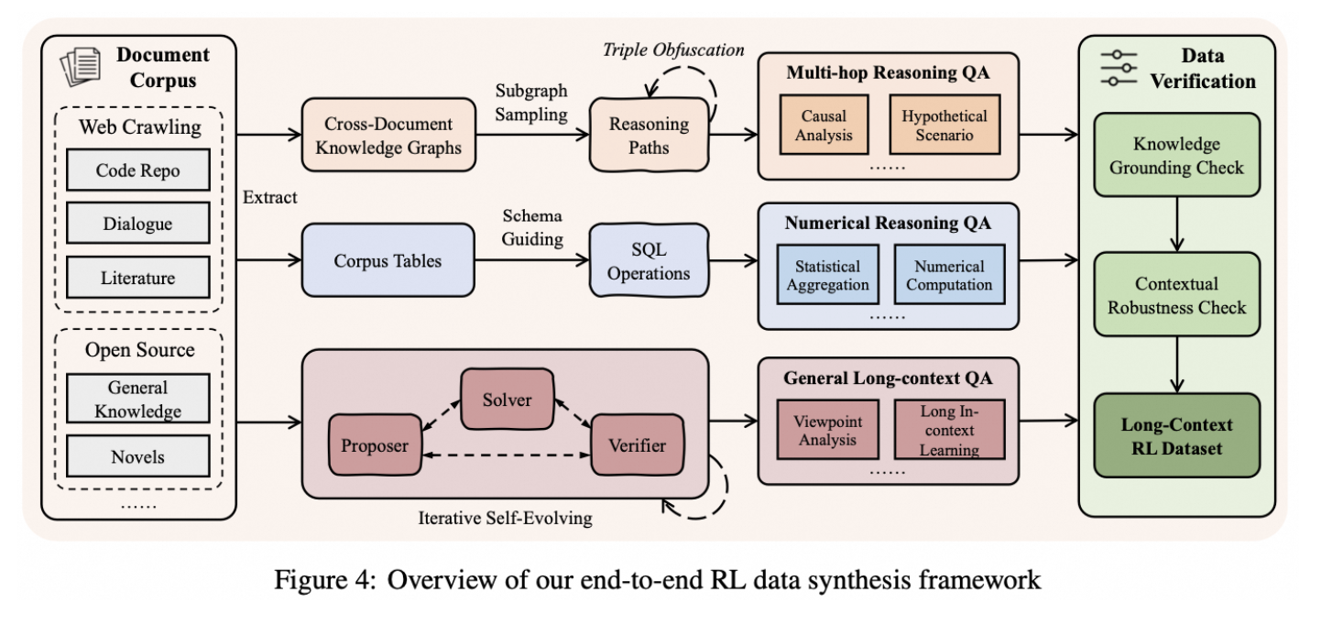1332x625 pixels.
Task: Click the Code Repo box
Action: pyautogui.click(x=138, y=170)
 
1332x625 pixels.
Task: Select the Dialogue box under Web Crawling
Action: pyautogui.click(x=138, y=225)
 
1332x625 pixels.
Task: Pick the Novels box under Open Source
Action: pyautogui.click(x=138, y=455)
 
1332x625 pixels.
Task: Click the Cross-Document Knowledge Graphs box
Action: pyautogui.click(x=389, y=136)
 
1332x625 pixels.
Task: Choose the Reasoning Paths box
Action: pyautogui.click(x=650, y=136)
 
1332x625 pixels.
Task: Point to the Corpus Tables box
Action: pyautogui.click(x=389, y=261)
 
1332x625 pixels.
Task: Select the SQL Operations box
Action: pyautogui.click(x=650, y=261)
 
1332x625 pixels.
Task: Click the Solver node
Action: pyautogui.click(x=507, y=400)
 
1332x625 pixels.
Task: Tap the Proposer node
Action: pyautogui.click(x=374, y=446)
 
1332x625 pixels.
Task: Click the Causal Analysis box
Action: pyautogui.click(x=824, y=126)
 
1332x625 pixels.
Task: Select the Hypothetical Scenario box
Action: pyautogui.click(x=944, y=126)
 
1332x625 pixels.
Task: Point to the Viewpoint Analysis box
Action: pyautogui.click(x=824, y=431)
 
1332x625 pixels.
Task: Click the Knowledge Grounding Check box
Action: pyautogui.click(x=1176, y=155)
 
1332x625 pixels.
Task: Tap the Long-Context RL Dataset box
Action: pyautogui.click(x=1176, y=436)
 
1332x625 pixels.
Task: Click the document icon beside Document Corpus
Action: pyautogui.click(x=81, y=67)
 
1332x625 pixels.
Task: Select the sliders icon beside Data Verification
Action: pyautogui.click(x=1119, y=68)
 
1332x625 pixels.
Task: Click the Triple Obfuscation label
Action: pyautogui.click(x=673, y=49)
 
